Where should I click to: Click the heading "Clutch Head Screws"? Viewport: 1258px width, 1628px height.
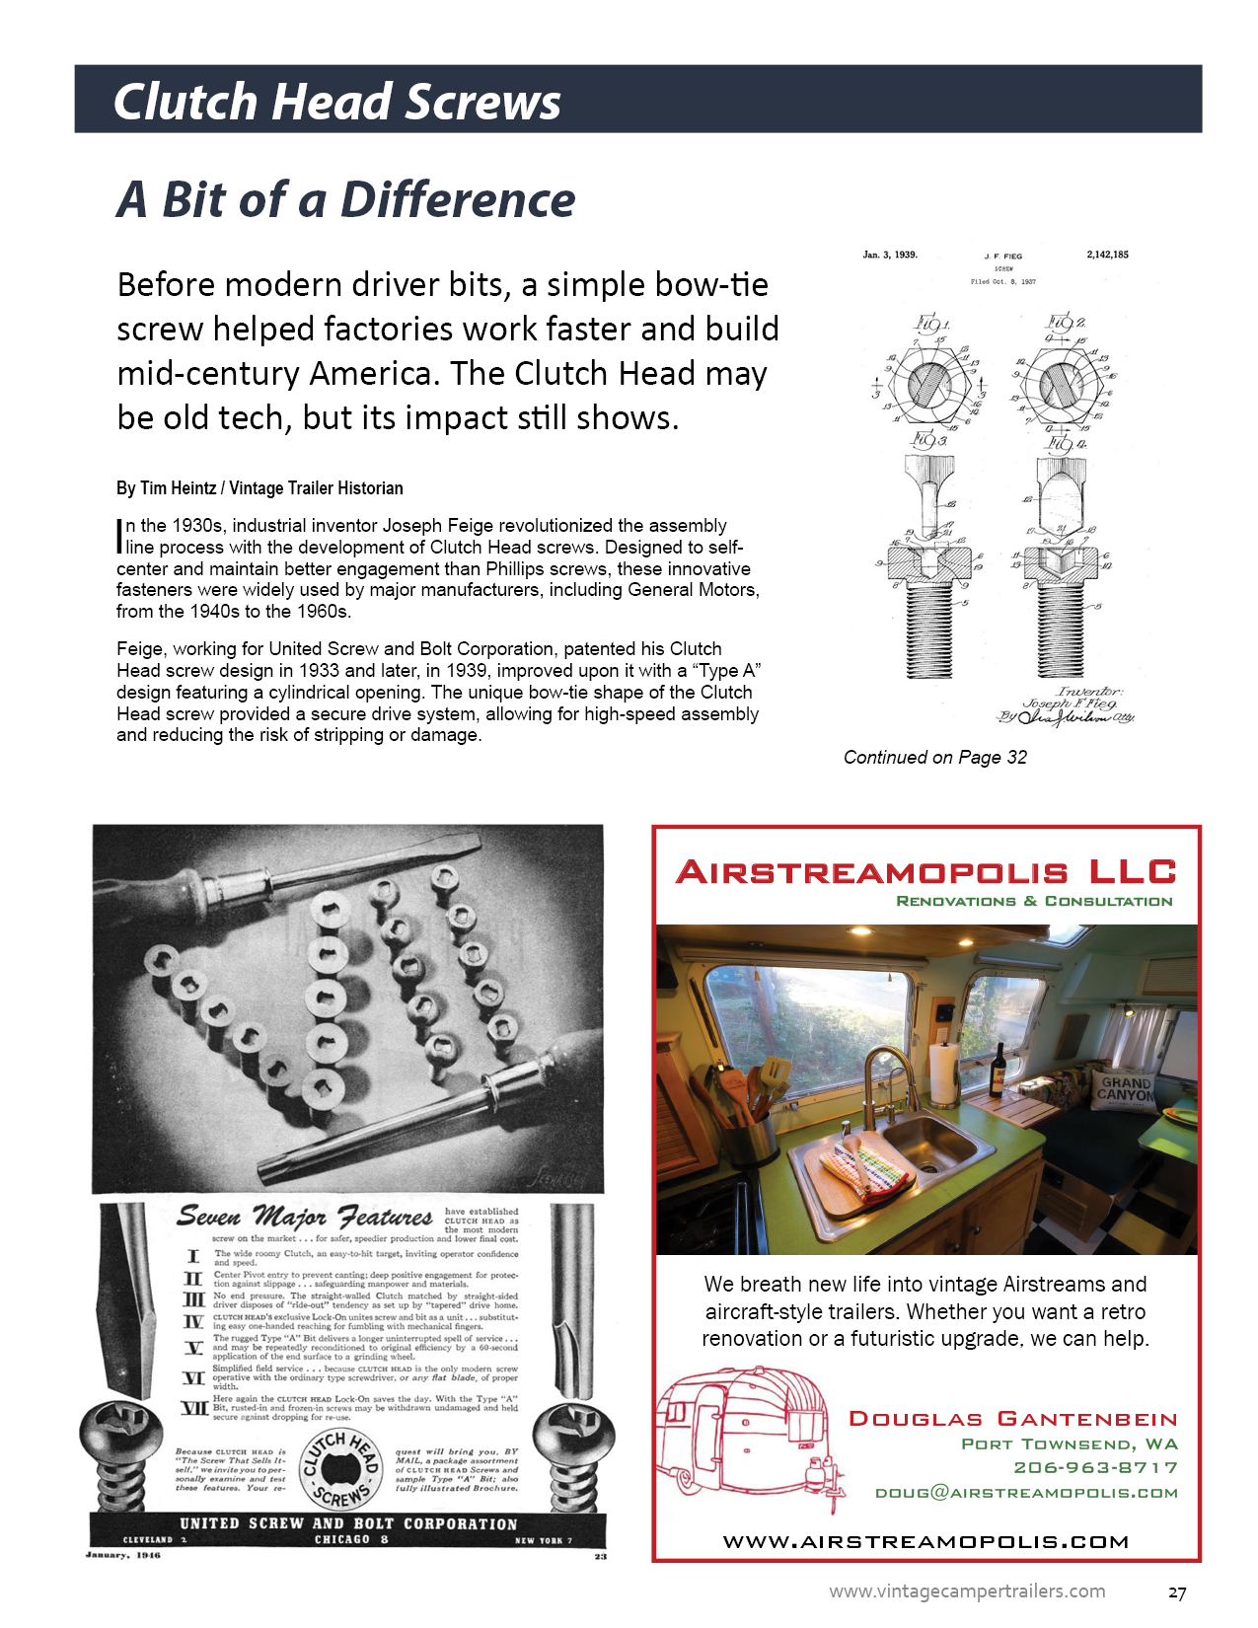pyautogui.click(x=336, y=102)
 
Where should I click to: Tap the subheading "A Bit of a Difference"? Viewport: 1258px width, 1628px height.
pyautogui.click(x=345, y=199)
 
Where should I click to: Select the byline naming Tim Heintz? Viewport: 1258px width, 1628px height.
pyautogui.click(x=259, y=488)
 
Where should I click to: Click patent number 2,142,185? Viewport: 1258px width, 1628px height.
pyautogui.click(x=1107, y=255)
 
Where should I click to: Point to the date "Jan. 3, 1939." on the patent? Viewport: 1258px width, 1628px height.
pyautogui.click(x=890, y=255)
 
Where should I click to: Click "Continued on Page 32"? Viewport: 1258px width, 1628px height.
pyautogui.click(x=934, y=758)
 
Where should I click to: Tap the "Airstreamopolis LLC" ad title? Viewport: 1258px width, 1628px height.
pyautogui.click(x=925, y=872)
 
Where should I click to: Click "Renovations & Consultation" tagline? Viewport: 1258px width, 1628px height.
pyautogui.click(x=1034, y=901)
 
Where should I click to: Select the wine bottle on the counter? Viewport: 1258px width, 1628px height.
pyautogui.click(x=998, y=1071)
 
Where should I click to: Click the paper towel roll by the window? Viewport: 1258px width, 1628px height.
pyautogui.click(x=944, y=1073)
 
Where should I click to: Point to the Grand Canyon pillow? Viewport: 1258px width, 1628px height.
pyautogui.click(x=1126, y=1090)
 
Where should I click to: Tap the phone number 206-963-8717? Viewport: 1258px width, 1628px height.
pyautogui.click(x=1095, y=1468)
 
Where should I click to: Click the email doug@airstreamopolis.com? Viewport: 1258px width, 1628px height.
pyautogui.click(x=1026, y=1493)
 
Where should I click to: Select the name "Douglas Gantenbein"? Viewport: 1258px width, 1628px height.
pyautogui.click(x=1013, y=1419)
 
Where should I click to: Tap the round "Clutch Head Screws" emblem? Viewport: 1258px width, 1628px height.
pyautogui.click(x=340, y=1469)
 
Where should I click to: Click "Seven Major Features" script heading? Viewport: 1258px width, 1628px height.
pyautogui.click(x=304, y=1217)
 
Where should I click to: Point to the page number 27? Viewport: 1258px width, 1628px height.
pyautogui.click(x=1177, y=1592)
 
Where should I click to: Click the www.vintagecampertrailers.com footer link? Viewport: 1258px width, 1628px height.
pyautogui.click(x=967, y=1591)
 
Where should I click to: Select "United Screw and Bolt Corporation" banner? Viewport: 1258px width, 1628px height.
pyautogui.click(x=347, y=1524)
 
